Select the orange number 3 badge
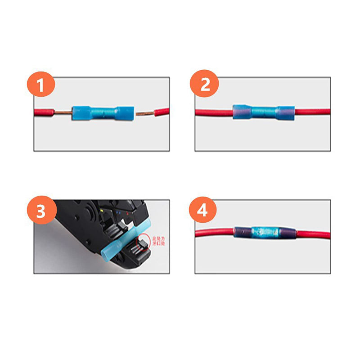click(41, 211)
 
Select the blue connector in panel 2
click(263, 112)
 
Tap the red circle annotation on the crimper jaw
click(144, 239)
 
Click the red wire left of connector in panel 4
click(214, 233)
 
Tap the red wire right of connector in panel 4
click(313, 234)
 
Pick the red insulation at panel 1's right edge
click(162, 111)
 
